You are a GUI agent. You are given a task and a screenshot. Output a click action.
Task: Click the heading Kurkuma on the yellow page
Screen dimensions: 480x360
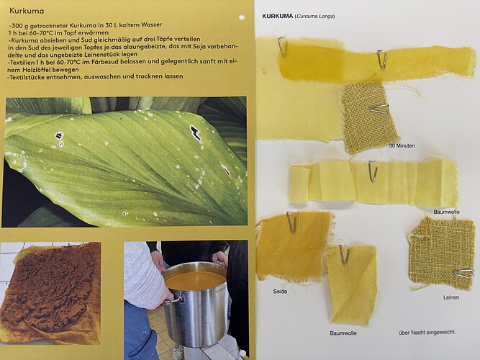coord(27,11)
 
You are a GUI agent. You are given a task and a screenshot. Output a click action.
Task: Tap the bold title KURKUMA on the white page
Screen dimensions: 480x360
coord(278,17)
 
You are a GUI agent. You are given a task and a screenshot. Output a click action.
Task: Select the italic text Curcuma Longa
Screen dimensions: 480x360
coord(314,17)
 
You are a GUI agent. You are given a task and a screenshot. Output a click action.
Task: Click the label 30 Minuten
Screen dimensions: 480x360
coord(402,146)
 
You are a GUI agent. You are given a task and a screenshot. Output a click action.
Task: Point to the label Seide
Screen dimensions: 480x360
coord(280,292)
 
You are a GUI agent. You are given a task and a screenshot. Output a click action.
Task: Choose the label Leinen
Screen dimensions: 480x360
coord(451,297)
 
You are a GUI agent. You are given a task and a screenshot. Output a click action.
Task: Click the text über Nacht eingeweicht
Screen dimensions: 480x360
coord(427,332)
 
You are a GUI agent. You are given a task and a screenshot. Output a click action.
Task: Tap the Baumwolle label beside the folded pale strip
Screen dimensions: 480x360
coord(446,212)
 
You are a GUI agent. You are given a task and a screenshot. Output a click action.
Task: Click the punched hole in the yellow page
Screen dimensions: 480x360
coord(242,17)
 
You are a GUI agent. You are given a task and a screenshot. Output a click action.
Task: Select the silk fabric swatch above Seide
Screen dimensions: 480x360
coord(294,246)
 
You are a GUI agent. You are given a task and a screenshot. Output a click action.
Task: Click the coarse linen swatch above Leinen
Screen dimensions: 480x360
coord(441,253)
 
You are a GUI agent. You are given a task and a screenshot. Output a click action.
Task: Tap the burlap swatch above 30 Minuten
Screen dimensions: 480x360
coord(370,118)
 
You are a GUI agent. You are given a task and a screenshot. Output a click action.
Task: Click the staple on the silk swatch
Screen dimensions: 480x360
coord(291,222)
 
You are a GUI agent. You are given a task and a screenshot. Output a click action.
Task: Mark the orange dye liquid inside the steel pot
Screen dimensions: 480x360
coord(195,280)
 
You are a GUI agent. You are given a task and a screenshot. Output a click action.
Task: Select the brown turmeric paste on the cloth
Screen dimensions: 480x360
coord(50,288)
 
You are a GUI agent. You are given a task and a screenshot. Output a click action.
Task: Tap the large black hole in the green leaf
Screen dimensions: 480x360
coord(195,132)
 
